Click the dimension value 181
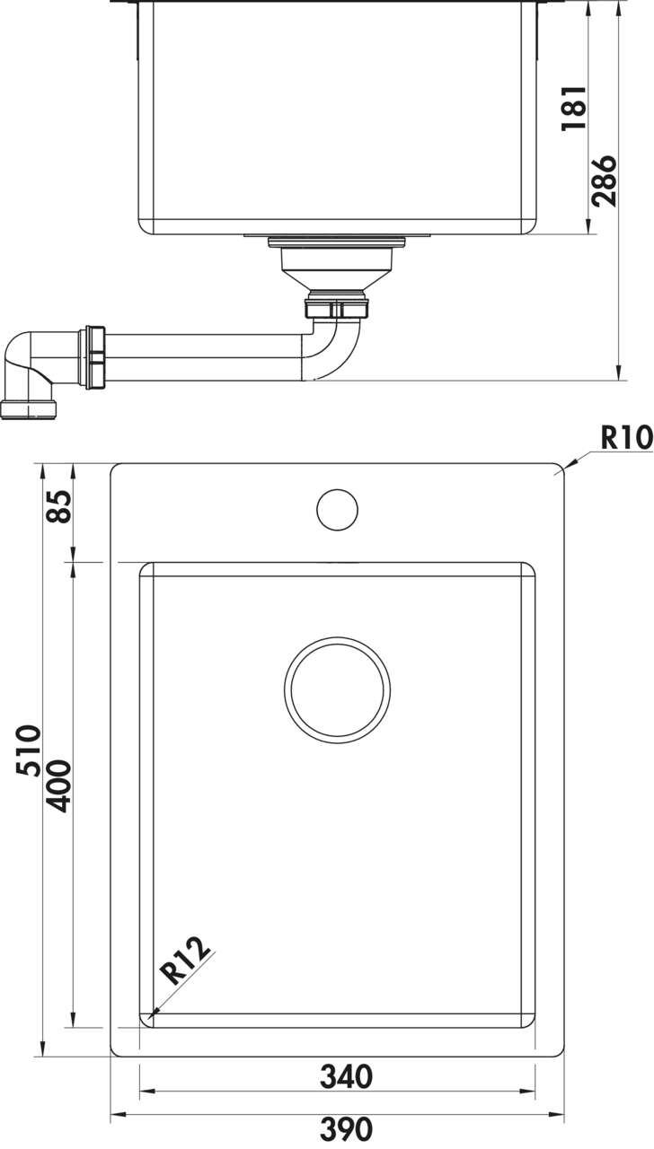(574, 109)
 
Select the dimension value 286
(604, 180)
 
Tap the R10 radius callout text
(627, 439)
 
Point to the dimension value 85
(58, 506)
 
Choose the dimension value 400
(57, 786)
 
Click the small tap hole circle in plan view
(337, 510)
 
